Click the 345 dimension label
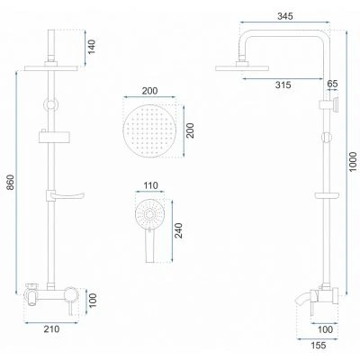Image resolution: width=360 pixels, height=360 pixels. (284, 16)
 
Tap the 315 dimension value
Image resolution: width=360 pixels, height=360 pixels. (283, 85)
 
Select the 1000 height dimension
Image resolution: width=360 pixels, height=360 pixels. (353, 162)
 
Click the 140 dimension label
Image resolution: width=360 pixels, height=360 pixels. (91, 47)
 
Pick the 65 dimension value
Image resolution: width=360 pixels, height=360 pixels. (332, 84)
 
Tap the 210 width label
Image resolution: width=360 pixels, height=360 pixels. (51, 329)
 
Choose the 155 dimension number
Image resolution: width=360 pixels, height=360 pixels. (318, 346)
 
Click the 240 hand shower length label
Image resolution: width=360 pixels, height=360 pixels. (178, 230)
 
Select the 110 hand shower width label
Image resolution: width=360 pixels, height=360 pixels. (150, 185)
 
